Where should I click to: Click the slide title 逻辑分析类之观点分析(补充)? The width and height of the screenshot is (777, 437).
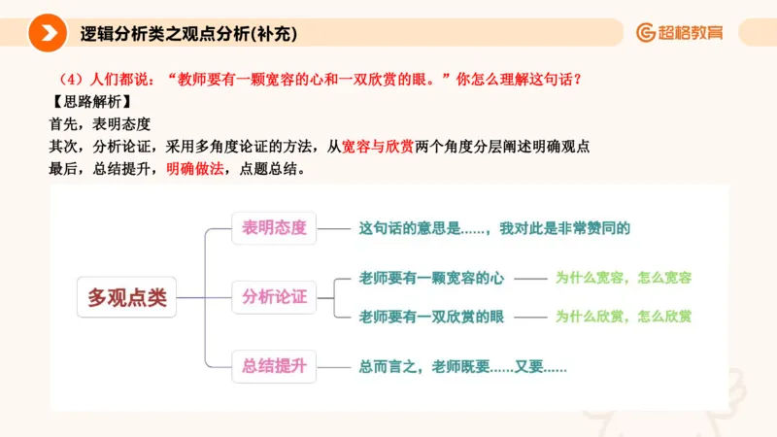pos(188,33)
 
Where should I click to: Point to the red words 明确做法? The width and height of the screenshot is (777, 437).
pos(195,168)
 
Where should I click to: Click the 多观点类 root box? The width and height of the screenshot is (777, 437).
pos(127,297)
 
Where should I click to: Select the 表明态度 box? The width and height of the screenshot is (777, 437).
pos(274,229)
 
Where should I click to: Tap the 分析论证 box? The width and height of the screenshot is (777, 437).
pos(274,297)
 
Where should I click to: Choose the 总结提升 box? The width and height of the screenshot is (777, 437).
pos(274,366)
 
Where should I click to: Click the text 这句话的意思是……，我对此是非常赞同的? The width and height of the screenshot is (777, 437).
pos(494,229)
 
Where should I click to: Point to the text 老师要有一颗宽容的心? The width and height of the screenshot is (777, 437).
pos(431,278)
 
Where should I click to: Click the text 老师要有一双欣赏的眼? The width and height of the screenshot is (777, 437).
pos(431,317)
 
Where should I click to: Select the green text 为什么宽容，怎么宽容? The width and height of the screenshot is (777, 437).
pos(623,278)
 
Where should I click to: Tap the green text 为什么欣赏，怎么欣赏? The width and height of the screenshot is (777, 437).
pos(623,317)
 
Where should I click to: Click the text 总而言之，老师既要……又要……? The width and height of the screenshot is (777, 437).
pos(462,367)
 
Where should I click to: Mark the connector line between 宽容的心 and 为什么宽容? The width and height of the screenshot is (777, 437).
pos(530,279)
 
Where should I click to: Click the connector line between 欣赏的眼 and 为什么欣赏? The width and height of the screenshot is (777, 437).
pos(530,317)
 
